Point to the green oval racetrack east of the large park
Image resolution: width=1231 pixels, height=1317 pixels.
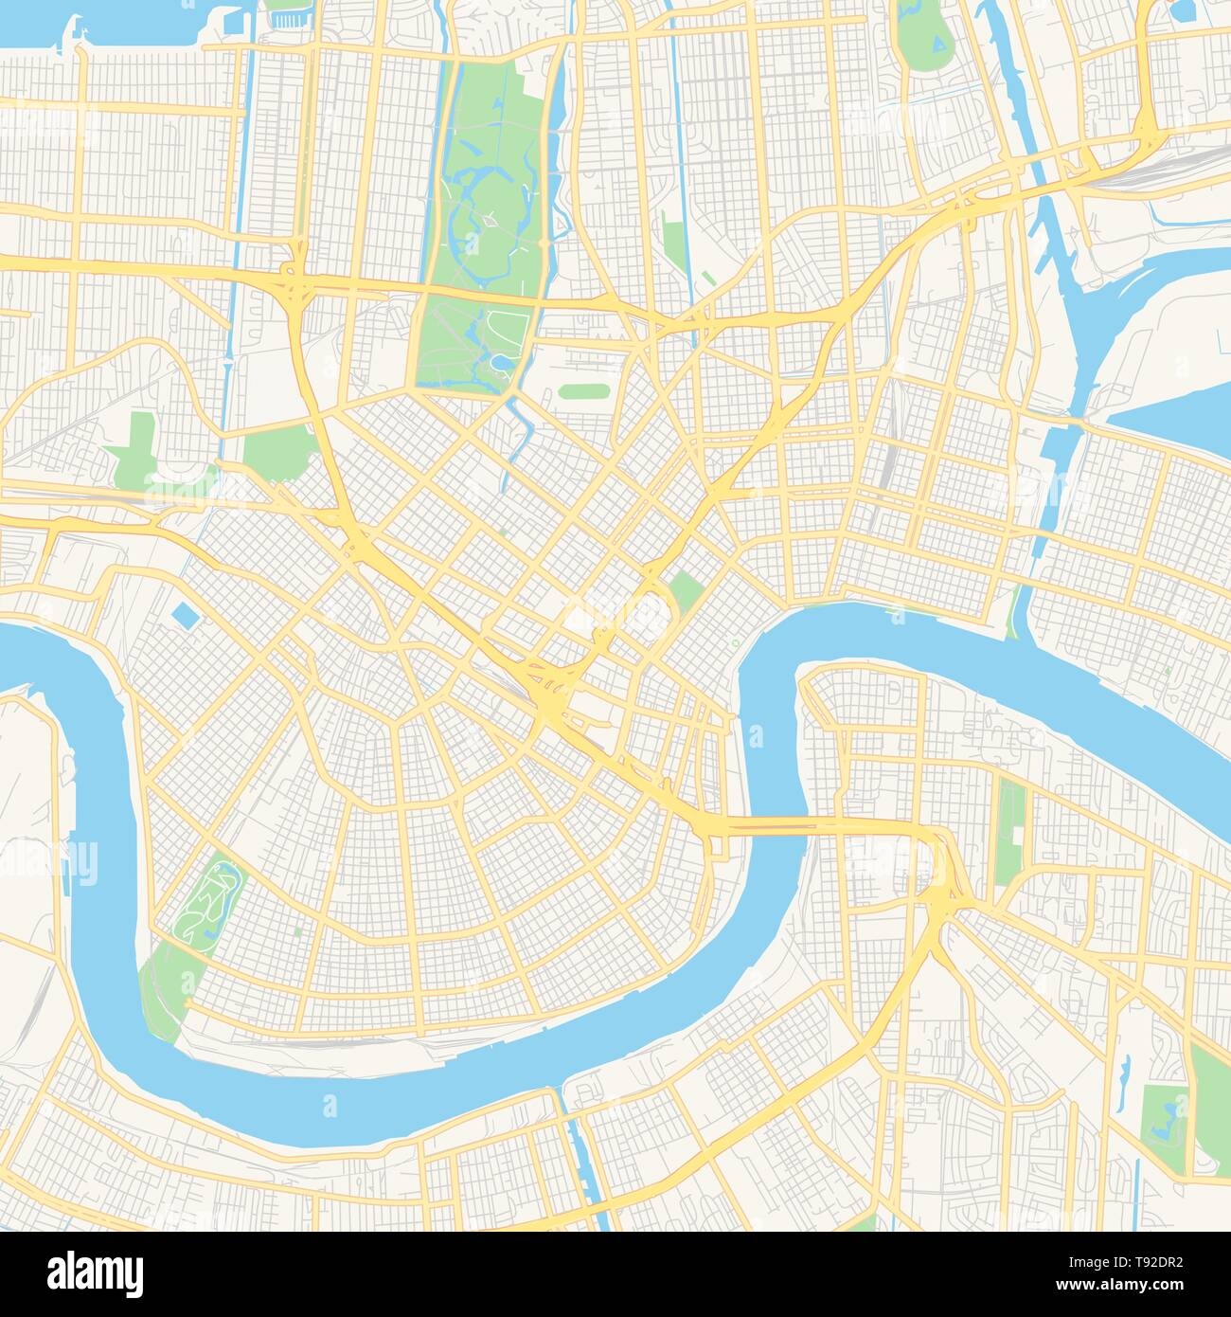click(584, 390)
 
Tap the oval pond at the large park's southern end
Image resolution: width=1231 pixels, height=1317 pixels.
click(498, 363)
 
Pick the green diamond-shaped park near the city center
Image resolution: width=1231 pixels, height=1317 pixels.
click(686, 592)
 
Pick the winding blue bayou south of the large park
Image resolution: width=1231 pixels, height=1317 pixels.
click(516, 431)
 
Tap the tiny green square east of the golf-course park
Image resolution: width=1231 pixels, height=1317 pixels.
click(298, 932)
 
